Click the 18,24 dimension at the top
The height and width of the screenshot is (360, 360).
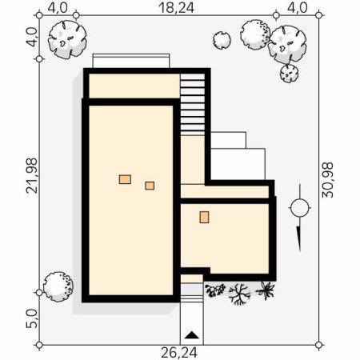(176, 7)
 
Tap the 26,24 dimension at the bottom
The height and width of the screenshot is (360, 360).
(179, 353)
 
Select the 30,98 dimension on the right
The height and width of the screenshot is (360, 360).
(328, 180)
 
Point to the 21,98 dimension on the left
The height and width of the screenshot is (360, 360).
(31, 175)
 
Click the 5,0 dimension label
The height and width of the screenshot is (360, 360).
(31, 318)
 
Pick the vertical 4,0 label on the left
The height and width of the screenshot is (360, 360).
(31, 38)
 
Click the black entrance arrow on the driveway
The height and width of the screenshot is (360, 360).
(192, 335)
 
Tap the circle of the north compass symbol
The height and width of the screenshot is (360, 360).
(300, 208)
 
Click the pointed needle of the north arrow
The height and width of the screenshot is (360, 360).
(299, 238)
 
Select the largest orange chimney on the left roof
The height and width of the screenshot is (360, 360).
(125, 179)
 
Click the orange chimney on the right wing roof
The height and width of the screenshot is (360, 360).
(204, 217)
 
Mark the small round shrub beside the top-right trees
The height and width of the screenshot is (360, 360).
(222, 40)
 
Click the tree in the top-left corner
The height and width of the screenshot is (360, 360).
(67, 39)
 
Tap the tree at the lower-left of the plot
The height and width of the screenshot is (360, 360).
(58, 286)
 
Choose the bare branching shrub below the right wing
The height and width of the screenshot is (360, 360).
(239, 294)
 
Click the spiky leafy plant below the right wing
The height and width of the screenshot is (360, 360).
(266, 290)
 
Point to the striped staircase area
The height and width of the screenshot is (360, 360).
(193, 105)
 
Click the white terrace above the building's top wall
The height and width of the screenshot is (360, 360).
(131, 61)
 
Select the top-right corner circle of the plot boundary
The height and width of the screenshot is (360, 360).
(318, 15)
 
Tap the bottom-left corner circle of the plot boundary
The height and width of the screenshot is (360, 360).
(39, 345)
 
